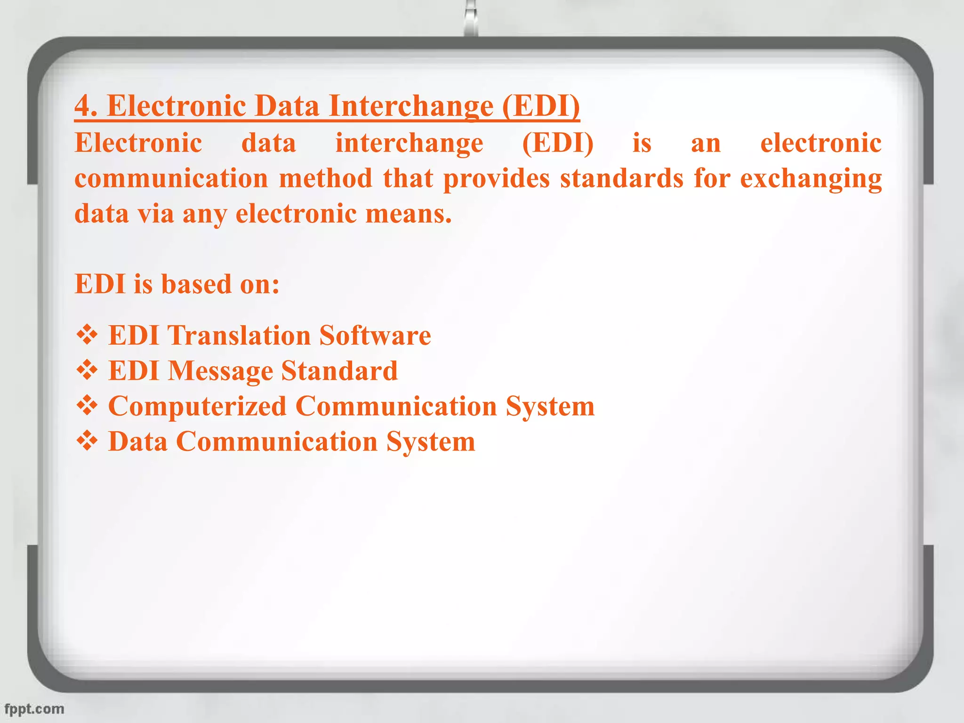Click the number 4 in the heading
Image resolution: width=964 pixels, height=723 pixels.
pos(83,105)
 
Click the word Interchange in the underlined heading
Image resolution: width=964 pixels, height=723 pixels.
pos(411,105)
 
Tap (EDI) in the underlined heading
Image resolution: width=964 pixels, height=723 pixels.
pos(541,105)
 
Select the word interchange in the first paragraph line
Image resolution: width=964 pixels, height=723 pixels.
pos(409,143)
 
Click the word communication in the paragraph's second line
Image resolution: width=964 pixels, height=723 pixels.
pos(171,178)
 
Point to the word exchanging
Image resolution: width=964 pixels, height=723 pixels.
pos(811,179)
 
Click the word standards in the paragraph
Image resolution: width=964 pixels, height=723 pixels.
pos(621,178)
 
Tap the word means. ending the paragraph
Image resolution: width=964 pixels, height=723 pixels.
pos(409,214)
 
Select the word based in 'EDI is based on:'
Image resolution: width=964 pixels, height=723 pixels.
pos(196,284)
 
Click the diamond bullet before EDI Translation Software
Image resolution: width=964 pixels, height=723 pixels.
pos(87,335)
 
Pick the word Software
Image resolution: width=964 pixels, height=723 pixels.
pos(375,335)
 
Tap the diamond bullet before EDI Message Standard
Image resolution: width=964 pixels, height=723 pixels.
pos(87,370)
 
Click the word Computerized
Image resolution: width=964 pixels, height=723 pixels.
pos(197,406)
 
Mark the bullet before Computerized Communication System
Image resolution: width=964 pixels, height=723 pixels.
pos(87,406)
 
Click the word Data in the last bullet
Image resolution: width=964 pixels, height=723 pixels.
pos(138,442)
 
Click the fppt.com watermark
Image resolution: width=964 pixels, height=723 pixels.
pos(34,709)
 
